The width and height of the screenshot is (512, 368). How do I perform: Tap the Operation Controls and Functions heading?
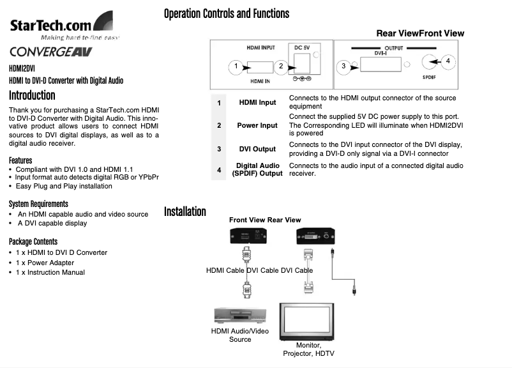pos(226,13)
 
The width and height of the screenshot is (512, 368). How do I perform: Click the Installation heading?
pos(185,211)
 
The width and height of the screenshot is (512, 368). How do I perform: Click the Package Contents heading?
pos(33,241)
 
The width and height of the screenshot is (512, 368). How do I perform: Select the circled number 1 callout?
pos(236,66)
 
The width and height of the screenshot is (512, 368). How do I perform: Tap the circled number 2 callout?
pos(281,66)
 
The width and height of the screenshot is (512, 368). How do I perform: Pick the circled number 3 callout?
pos(343,66)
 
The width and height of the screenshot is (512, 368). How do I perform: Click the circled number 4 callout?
pos(448,61)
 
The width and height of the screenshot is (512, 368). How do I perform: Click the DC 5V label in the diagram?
pos(303,47)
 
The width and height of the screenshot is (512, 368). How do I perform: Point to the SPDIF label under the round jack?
pos(430,77)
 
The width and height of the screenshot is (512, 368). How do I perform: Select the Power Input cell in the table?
pos(257,125)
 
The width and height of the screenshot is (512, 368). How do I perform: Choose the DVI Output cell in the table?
pos(257,149)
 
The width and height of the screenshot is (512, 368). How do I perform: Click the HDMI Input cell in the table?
pos(257,102)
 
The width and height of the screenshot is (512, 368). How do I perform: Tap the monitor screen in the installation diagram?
pos(308,320)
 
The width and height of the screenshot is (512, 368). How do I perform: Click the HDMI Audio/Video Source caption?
pos(240,335)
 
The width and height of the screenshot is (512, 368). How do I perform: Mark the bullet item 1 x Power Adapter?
pos(45,263)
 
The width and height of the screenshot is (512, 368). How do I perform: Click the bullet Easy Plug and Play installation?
pos(64,186)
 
